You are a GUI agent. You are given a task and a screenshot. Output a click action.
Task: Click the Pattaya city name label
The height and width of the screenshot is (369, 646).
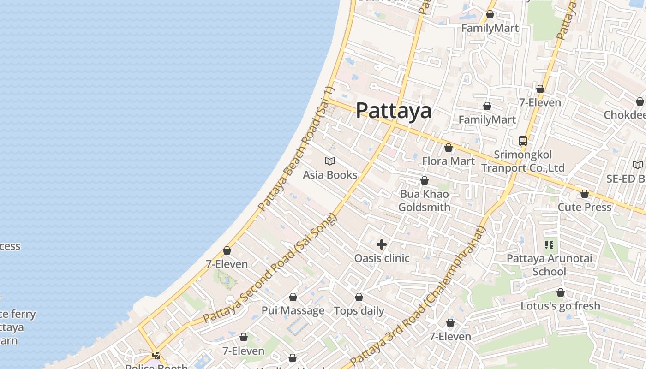(x=394, y=111)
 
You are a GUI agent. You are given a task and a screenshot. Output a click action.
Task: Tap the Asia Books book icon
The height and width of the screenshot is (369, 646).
(x=329, y=161)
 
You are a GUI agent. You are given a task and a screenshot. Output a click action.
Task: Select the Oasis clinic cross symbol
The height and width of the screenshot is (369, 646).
(x=382, y=244)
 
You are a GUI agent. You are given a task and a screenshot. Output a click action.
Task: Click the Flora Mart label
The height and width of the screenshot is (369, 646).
(x=448, y=161)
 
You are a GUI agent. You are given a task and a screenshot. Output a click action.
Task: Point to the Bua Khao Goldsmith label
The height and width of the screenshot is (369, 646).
(x=424, y=201)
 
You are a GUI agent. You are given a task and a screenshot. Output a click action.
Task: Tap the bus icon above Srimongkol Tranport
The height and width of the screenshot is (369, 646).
(x=522, y=141)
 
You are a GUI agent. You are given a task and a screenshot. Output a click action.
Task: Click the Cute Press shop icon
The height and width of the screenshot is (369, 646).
(x=585, y=194)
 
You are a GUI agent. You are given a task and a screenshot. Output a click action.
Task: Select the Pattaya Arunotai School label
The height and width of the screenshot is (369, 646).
(x=549, y=265)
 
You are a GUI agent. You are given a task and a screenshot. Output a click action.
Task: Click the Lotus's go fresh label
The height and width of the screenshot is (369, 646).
(x=560, y=306)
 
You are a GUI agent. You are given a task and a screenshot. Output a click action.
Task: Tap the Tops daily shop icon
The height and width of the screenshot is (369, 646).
(x=359, y=298)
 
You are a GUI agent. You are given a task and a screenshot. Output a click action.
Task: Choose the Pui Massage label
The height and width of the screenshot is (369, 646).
(x=293, y=310)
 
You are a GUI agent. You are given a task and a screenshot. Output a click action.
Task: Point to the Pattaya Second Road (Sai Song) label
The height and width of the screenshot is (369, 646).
(x=271, y=268)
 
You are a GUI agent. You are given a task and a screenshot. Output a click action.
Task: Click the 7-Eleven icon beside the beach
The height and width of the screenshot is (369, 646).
(x=227, y=250)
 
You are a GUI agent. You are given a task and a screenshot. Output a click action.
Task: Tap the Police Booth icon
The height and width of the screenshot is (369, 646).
(x=156, y=355)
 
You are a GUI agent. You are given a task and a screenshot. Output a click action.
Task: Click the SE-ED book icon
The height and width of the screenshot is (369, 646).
(x=637, y=165)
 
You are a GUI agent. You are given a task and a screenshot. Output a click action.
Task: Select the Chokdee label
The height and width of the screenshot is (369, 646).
(x=625, y=114)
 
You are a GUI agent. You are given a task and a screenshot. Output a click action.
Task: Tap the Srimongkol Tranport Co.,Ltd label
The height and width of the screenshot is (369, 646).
(x=523, y=161)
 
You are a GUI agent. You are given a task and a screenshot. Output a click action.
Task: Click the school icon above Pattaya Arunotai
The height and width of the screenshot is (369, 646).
(x=549, y=244)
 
